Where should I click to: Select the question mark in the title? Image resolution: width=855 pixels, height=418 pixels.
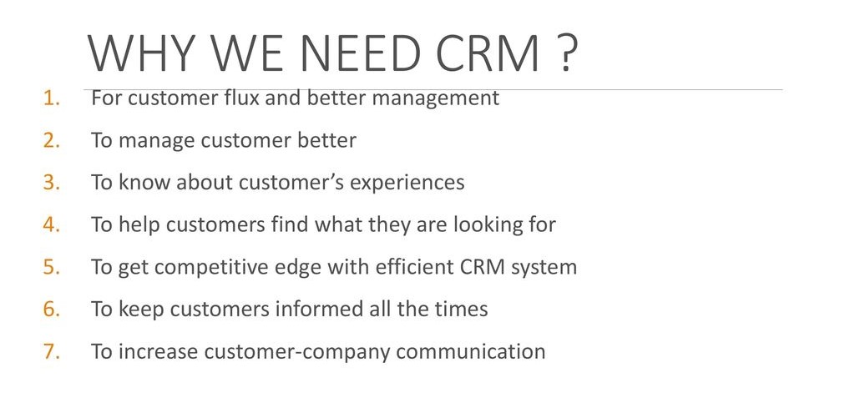(567, 53)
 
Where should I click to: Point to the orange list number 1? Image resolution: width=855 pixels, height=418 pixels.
(51, 98)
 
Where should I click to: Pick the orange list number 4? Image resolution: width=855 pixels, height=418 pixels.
(51, 224)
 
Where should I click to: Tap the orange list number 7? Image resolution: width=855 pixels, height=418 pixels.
(51, 351)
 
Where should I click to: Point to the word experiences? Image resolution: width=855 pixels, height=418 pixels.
(407, 183)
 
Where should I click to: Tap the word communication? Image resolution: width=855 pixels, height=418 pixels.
(471, 351)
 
